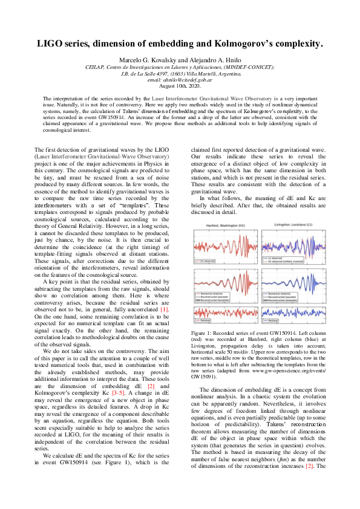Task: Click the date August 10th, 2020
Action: (x=180, y=86)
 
